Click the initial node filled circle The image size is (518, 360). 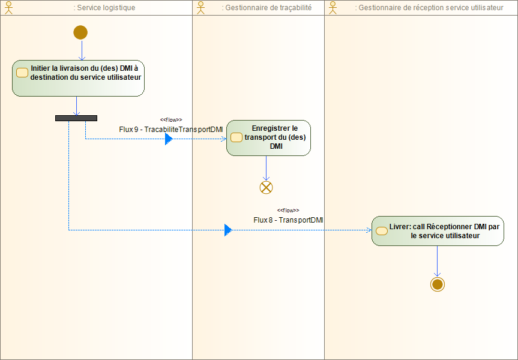[80, 32]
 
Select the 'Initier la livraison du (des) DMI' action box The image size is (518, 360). [78, 78]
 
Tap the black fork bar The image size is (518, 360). [76, 118]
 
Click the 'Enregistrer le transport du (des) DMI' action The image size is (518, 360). [268, 138]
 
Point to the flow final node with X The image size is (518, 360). [266, 187]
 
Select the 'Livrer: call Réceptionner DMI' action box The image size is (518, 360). [437, 231]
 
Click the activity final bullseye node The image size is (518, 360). [437, 284]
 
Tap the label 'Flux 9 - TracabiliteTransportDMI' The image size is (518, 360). [171, 129]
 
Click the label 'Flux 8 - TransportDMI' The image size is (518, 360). [288, 220]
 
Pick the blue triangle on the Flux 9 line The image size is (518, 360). [169, 139]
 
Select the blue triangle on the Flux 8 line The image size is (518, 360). [228, 230]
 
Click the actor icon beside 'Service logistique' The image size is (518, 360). [8, 8]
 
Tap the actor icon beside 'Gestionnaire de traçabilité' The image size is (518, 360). [200, 8]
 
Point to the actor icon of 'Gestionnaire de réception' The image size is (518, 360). [333, 8]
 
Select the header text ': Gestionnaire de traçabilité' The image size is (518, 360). [267, 8]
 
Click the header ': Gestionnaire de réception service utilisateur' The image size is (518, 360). [429, 8]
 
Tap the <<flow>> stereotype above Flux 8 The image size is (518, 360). [288, 211]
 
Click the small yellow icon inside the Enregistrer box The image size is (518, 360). [236, 138]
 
